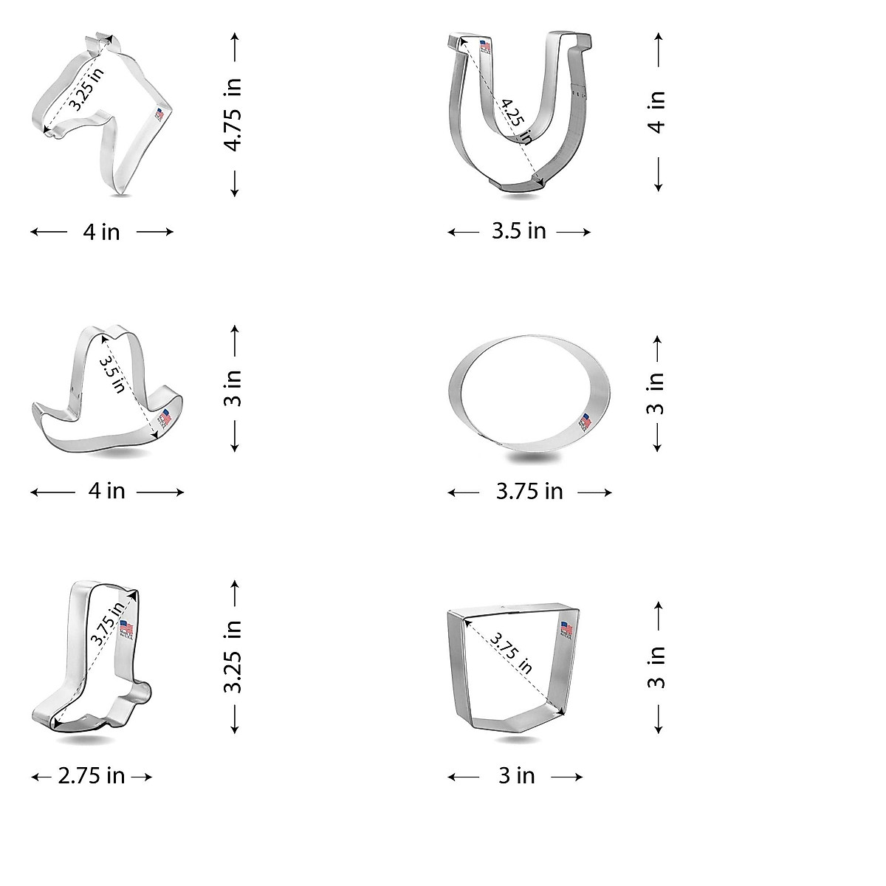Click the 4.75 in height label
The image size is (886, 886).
click(234, 115)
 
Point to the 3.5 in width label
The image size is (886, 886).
click(519, 231)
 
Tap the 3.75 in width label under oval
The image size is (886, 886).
click(529, 491)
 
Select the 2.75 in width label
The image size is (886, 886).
click(92, 776)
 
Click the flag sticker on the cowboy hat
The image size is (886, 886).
click(164, 418)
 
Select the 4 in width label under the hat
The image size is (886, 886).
click(107, 491)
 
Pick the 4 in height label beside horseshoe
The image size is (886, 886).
click(656, 111)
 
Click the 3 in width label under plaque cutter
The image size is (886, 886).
click(516, 776)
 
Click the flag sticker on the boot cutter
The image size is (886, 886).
click(126, 629)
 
